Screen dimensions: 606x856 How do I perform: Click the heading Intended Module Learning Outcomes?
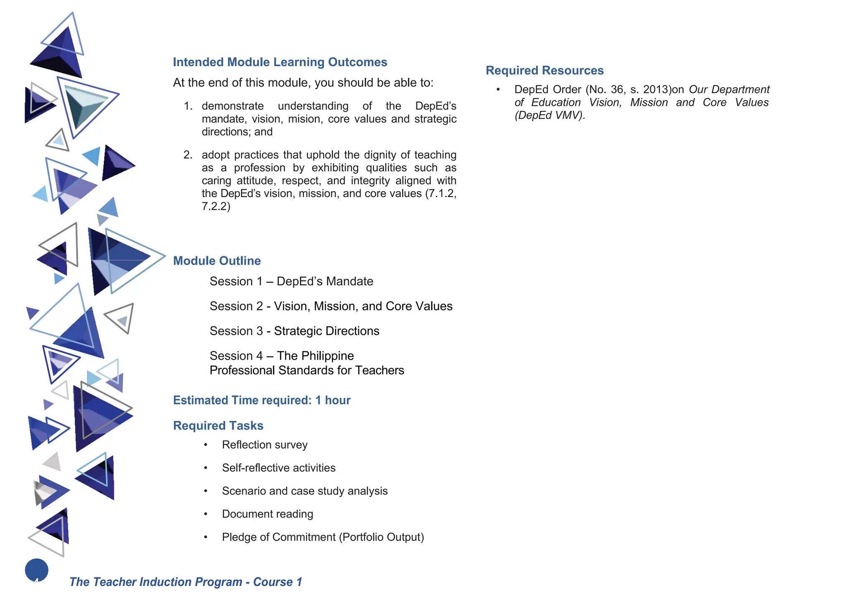[280, 62]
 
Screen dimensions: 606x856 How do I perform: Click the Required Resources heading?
[544, 71]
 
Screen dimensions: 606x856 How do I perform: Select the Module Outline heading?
[217, 261]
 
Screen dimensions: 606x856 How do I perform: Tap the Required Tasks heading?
[218, 426]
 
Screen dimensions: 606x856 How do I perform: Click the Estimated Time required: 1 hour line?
[262, 401]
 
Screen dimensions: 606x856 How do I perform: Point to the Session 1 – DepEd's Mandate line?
[291, 282]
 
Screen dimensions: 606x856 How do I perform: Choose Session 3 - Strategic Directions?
[294, 331]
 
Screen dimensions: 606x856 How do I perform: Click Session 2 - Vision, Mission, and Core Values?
[331, 306]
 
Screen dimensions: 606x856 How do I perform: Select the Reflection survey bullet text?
[265, 445]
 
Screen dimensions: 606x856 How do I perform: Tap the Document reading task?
[267, 514]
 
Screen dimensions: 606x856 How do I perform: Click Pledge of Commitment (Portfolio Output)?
[323, 537]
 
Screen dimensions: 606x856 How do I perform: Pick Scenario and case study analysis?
[305, 491]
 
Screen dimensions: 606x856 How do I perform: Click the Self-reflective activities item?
[278, 468]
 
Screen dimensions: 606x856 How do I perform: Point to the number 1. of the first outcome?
[188, 106]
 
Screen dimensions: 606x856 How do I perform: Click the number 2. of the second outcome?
[188, 155]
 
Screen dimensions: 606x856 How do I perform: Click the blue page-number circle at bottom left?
[37, 570]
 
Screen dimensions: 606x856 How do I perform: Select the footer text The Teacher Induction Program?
[155, 582]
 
